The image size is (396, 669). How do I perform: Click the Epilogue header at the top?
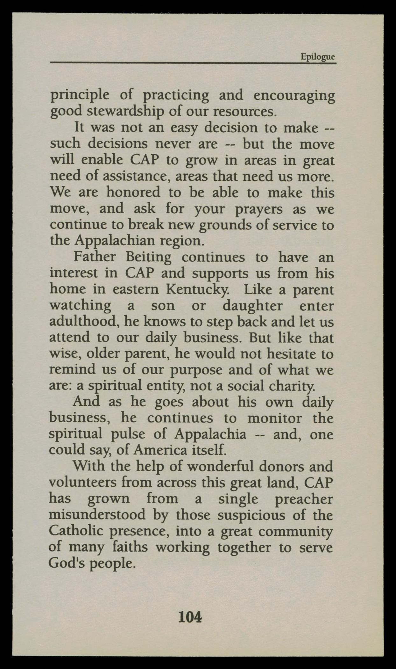[x=318, y=57]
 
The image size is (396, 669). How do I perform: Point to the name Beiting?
[x=148, y=257]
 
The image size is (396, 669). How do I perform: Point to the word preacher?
[x=303, y=499]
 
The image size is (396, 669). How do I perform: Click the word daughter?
[x=252, y=306]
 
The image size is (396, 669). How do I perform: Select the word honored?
[x=133, y=193]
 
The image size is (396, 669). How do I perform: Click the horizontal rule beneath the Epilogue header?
[x=193, y=63]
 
